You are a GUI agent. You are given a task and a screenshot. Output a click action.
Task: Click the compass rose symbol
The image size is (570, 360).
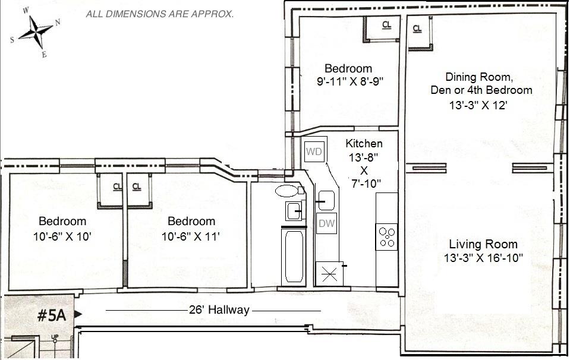pos(36,32)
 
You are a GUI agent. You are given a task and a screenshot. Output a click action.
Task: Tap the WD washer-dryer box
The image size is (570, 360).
pos(314,151)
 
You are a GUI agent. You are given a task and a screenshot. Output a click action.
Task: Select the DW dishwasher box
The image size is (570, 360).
pos(326,223)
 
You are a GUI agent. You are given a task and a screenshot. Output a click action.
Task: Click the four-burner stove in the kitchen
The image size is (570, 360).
pos(386,237)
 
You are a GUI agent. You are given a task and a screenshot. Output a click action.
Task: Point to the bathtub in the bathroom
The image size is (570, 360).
pos(294,257)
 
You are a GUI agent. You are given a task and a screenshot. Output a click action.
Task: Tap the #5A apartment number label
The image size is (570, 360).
pos(52,315)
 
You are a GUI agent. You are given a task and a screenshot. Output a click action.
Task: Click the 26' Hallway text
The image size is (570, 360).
pos(219,310)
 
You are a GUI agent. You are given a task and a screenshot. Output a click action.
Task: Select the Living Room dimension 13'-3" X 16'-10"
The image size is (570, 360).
pos(483,258)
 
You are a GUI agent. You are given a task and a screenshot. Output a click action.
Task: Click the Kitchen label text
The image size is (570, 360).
pos(364,144)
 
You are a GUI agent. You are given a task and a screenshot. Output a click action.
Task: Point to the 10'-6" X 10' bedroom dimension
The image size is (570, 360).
pos(62,236)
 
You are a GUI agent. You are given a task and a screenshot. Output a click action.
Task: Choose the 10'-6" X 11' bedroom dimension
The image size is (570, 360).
pos(191,236)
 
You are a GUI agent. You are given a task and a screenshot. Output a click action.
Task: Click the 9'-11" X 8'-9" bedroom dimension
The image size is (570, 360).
pos(350,81)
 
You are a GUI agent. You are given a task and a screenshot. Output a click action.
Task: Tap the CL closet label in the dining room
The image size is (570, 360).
pos(417,29)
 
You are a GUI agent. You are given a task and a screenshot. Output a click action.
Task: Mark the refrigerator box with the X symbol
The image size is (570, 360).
pos(329,273)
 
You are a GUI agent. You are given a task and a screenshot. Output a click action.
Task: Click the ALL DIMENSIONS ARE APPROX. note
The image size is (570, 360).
pos(159,14)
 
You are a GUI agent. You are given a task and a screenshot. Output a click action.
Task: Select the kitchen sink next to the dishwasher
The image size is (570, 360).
pos(326,201)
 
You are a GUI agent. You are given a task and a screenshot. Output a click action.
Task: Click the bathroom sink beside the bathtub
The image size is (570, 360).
pos(293,211)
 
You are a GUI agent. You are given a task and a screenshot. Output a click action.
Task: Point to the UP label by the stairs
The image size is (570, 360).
pos(55,337)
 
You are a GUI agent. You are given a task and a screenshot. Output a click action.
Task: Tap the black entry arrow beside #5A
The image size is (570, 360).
pos(78,314)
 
